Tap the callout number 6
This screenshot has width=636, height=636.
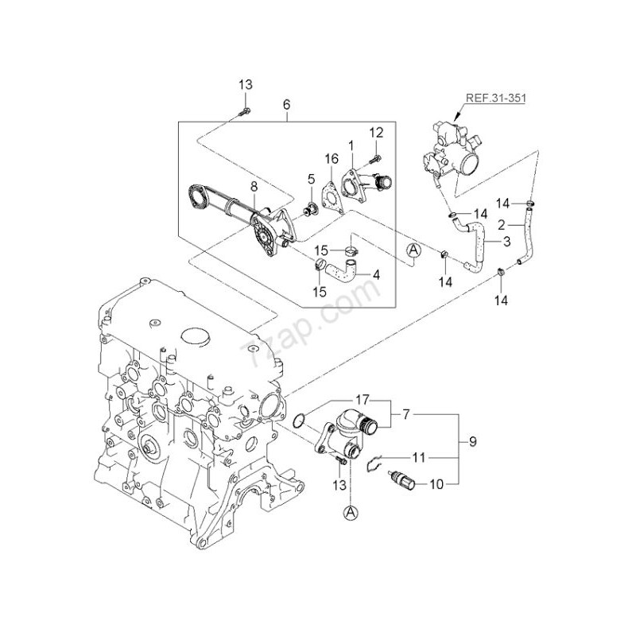pos(286,104)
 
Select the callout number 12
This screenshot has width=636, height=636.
pos(376,131)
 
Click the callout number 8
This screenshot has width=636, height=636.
pos(254,187)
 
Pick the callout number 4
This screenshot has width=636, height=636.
pos(376,275)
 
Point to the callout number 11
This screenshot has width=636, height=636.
pos(418,459)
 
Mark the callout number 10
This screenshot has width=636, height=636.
pos(436,483)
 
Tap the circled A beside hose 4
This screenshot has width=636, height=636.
pos(413,251)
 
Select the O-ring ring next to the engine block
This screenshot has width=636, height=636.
pos(297,420)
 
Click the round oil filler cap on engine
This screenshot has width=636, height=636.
pos(196,337)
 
